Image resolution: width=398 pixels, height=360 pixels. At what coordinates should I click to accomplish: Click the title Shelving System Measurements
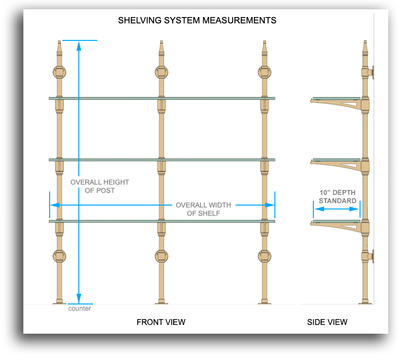tap(197, 20)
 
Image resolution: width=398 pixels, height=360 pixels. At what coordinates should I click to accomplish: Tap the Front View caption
tap(161, 322)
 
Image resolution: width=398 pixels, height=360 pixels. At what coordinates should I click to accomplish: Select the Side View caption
tap(327, 322)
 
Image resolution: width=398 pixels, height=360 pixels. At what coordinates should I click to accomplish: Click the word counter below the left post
tap(79, 309)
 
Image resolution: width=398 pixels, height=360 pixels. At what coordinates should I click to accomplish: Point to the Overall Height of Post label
tap(100, 186)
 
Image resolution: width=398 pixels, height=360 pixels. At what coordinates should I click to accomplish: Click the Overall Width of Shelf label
tap(203, 209)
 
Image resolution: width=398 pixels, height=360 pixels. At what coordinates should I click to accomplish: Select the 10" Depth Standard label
tap(337, 196)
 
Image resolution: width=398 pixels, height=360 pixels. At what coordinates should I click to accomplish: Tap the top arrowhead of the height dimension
tap(79, 45)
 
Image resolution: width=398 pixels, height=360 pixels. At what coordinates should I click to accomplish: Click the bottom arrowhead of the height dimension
tap(79, 299)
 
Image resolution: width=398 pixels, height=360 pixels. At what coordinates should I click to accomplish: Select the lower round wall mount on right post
tap(264, 256)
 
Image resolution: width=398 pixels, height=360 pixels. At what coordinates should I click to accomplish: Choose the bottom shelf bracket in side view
tap(336, 225)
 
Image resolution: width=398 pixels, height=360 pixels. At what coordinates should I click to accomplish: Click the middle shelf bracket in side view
tap(336, 164)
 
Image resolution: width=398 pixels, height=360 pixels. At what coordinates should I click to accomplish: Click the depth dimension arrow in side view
tap(337, 209)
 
